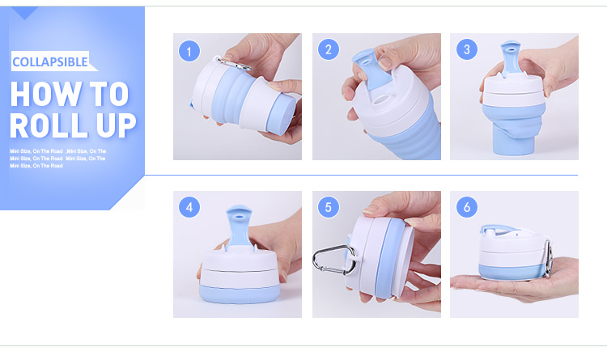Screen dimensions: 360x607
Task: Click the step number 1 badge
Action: click(x=189, y=52)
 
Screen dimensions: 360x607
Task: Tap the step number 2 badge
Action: click(x=329, y=50)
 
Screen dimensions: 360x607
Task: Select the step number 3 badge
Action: click(x=466, y=50)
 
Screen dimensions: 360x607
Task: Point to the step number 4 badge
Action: click(x=189, y=207)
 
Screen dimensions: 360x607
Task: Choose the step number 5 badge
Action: click(x=329, y=207)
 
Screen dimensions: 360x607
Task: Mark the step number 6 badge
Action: click(x=466, y=207)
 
